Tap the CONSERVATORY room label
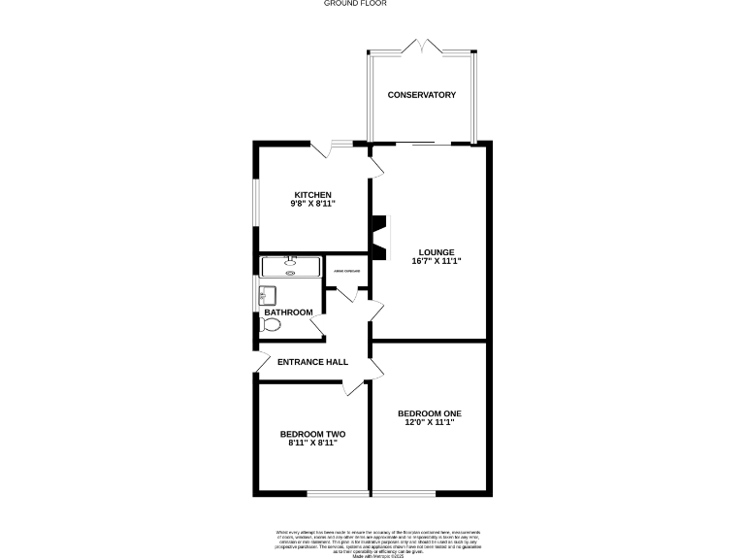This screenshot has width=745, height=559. pyautogui.click(x=422, y=94)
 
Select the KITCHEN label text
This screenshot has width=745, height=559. pyautogui.click(x=312, y=195)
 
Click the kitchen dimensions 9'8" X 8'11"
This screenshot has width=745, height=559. pyautogui.click(x=312, y=205)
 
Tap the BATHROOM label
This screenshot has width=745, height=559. pyautogui.click(x=289, y=312)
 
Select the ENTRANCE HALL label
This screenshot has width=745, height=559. pyautogui.click(x=312, y=362)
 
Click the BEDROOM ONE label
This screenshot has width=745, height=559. pyautogui.click(x=428, y=412)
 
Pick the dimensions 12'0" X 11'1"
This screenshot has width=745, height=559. pyautogui.click(x=428, y=422)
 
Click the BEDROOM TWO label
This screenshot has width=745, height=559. pyautogui.click(x=312, y=434)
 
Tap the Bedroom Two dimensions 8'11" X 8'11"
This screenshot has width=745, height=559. pyautogui.click(x=312, y=444)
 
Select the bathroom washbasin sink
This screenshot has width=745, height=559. pyautogui.click(x=269, y=294)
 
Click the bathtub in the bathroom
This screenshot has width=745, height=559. pyautogui.click(x=290, y=267)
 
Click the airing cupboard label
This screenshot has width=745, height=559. pyautogui.click(x=346, y=271)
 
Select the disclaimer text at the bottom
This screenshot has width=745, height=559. pyautogui.click(x=372, y=541)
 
